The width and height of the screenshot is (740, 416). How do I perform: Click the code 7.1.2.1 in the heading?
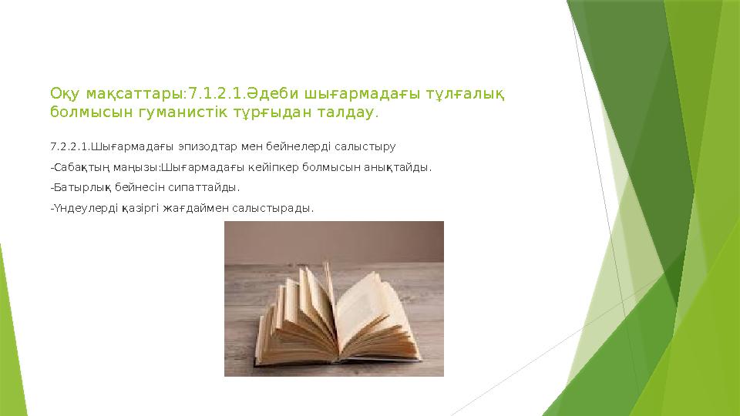click(x=212, y=94)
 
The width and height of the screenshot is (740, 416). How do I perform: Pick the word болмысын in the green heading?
click(x=81, y=113)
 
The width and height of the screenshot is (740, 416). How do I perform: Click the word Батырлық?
click(x=82, y=187)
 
